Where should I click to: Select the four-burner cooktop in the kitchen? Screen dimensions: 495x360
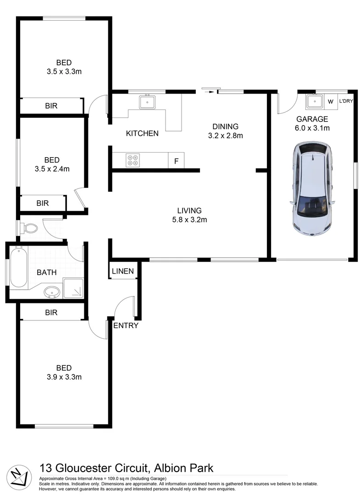point(133,160)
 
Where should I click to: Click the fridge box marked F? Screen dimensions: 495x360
point(176,161)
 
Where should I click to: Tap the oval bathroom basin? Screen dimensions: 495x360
point(51,291)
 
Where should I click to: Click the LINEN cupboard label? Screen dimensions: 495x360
point(122,271)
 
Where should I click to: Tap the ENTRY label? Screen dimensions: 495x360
point(126,326)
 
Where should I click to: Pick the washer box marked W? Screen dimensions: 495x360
point(330,101)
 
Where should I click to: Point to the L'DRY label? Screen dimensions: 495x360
point(346,101)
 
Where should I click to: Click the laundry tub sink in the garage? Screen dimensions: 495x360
point(315,101)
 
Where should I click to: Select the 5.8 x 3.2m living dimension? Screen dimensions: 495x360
point(189,220)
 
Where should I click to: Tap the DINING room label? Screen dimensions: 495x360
point(225,126)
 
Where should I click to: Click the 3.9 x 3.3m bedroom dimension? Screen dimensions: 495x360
point(64,377)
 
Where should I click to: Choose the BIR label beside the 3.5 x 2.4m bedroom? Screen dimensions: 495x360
point(43,203)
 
